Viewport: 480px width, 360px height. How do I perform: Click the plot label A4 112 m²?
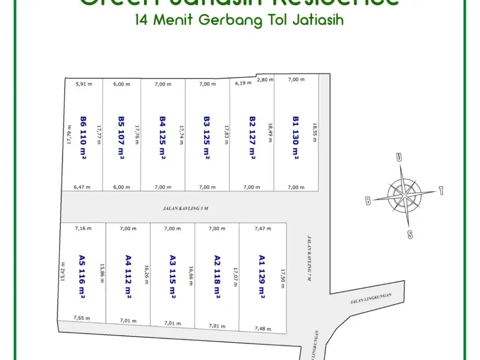pos(128,276)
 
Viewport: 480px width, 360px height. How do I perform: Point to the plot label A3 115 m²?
pos(173,276)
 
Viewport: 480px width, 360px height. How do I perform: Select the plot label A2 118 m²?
pos(217,276)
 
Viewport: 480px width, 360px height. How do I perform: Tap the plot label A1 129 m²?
pos(262,276)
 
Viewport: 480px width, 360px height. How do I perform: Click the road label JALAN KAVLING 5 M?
pos(184,209)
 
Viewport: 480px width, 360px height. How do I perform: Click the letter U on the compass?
pos(398,157)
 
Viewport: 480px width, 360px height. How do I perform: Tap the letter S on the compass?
pos(410,234)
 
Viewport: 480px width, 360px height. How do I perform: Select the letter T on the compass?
pos(441,191)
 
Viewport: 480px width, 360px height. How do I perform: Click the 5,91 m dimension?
pos(84,84)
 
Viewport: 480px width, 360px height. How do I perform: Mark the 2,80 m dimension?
pos(265,80)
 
